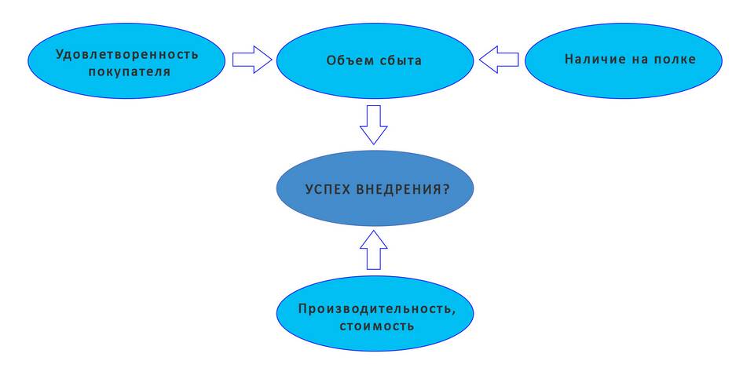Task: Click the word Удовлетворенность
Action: pyautogui.click(x=126, y=55)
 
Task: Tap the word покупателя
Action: pyautogui.click(x=127, y=71)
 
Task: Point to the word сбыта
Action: pyautogui.click(x=397, y=60)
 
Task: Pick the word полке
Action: pyautogui.click(x=675, y=60)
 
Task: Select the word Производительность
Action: pyautogui.click(x=375, y=307)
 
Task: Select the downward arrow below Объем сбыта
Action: pyautogui.click(x=374, y=124)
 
